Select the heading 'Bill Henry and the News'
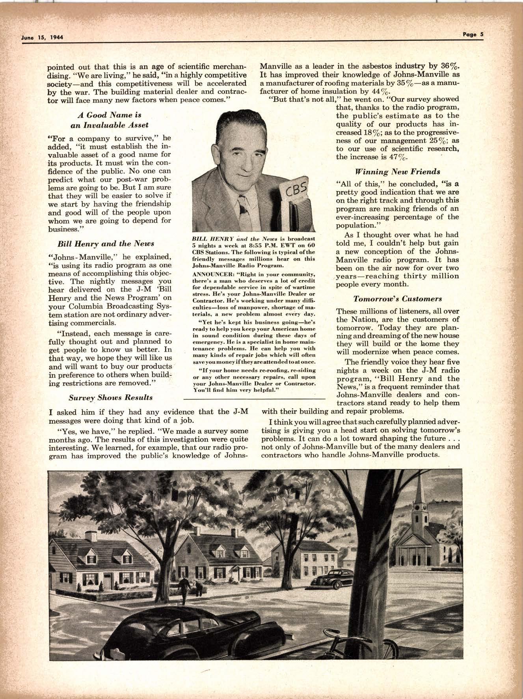coord(106,243)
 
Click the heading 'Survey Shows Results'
coord(111,397)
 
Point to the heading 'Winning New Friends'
coord(397,171)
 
